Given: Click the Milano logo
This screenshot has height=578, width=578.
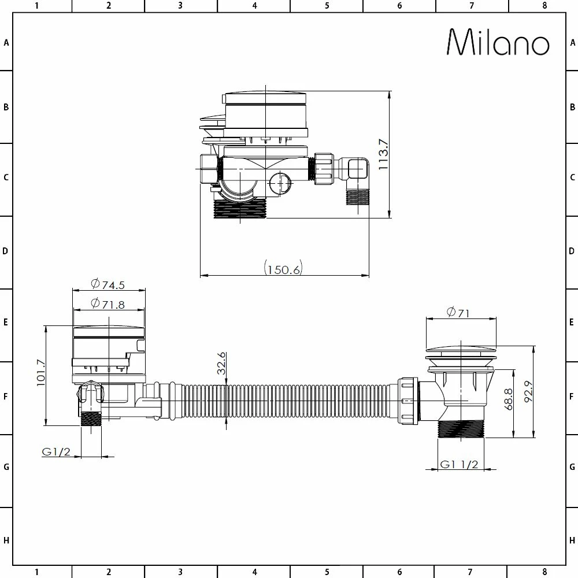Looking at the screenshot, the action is pyautogui.click(x=498, y=42).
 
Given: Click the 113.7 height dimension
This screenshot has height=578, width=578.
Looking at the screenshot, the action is pyautogui.click(x=383, y=154).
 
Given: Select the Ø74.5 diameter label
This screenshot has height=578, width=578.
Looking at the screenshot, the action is pyautogui.click(x=108, y=284).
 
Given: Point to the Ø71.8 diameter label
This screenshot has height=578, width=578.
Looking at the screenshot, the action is pyautogui.click(x=108, y=304).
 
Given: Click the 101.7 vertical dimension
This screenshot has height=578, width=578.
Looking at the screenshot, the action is pyautogui.click(x=40, y=373).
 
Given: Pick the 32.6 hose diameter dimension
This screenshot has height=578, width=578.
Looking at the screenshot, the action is pyautogui.click(x=221, y=363).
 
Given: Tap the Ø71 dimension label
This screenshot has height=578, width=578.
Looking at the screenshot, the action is pyautogui.click(x=458, y=313).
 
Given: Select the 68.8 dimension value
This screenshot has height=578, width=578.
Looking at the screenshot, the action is pyautogui.click(x=508, y=399).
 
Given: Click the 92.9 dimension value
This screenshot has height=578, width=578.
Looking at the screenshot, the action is pyautogui.click(x=528, y=391).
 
